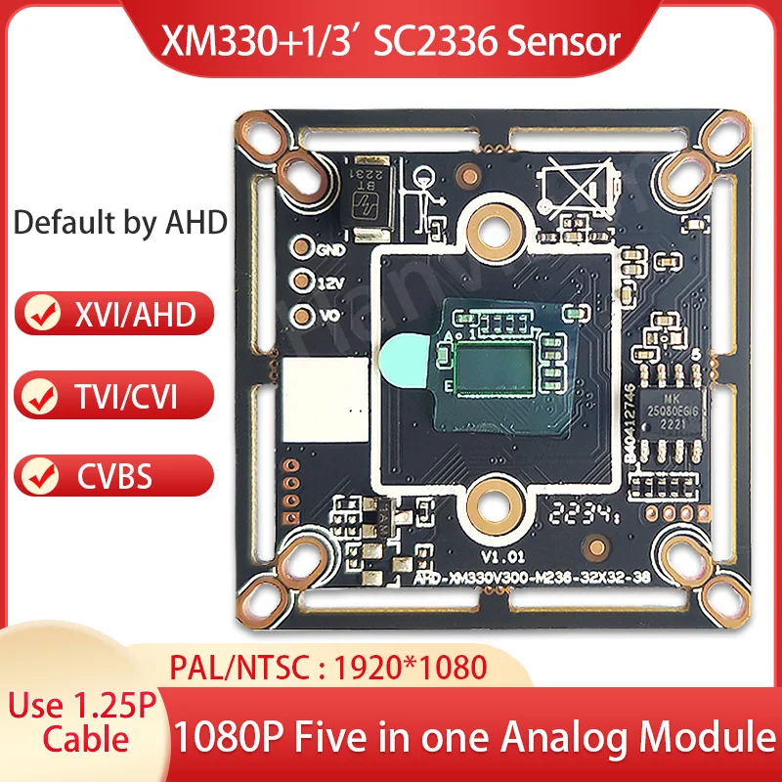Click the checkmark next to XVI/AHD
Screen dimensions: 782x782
pos(40,315)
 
